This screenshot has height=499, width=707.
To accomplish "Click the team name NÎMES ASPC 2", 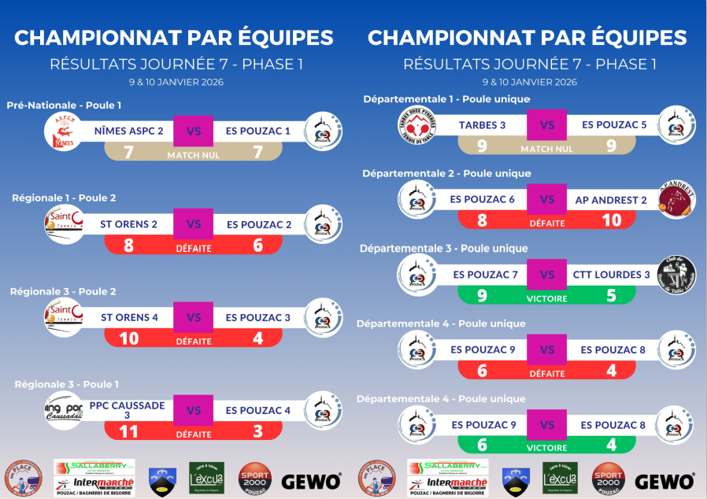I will click(128, 131).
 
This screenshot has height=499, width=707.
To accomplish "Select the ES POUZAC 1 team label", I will click(258, 131).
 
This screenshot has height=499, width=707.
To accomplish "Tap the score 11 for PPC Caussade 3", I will click(128, 431).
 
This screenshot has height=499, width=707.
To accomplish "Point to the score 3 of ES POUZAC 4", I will click(257, 431).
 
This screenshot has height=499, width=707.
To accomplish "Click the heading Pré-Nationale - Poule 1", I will click(65, 105).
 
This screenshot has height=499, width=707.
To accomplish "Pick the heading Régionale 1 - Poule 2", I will click(64, 198).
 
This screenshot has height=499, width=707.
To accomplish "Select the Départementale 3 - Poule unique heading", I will click(444, 248).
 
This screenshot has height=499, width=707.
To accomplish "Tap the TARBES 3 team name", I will click(482, 125).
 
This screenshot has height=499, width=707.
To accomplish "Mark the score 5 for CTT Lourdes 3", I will click(611, 296).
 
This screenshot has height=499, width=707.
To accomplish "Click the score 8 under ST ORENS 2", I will click(128, 246).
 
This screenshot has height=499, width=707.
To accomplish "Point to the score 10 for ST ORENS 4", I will click(128, 338).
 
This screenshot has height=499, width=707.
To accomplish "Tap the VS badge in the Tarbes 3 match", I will click(546, 125).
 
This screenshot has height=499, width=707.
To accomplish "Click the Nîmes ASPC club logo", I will click(63, 131).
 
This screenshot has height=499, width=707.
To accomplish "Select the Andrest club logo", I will click(677, 200).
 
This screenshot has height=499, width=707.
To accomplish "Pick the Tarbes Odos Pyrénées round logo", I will click(416, 125).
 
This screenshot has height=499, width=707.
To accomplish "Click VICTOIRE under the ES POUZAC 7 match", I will click(546, 299).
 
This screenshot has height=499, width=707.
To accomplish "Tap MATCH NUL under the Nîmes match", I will click(193, 155).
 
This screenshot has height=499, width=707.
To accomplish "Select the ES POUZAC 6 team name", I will click(483, 200).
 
